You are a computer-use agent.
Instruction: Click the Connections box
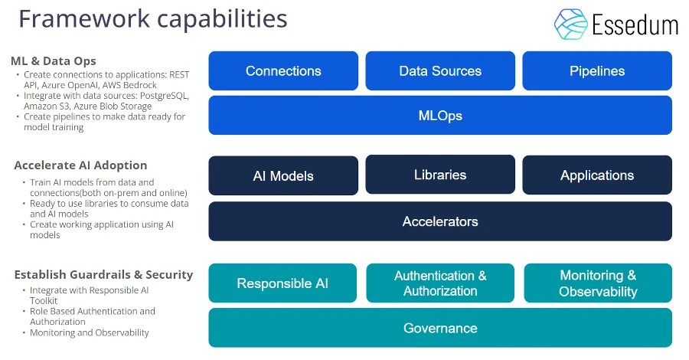click(283, 70)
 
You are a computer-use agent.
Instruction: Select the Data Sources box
click(440, 70)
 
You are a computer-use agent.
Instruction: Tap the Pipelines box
click(597, 70)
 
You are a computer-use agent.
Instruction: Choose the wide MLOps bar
click(440, 116)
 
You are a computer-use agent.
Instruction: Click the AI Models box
click(283, 175)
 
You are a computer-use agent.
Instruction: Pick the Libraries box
click(440, 175)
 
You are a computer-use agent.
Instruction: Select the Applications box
click(597, 175)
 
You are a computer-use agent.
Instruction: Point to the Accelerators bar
click(440, 221)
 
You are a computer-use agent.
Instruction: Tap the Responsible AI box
click(282, 283)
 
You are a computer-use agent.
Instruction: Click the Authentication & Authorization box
click(440, 283)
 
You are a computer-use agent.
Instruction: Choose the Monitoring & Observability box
click(598, 283)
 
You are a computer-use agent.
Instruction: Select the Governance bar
click(440, 328)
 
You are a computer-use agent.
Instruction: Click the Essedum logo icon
click(570, 24)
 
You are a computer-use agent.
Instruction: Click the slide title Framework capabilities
click(153, 18)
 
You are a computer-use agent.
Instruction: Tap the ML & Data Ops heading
click(54, 61)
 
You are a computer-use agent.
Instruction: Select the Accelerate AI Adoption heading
click(80, 165)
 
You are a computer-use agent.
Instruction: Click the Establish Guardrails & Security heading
click(103, 274)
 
